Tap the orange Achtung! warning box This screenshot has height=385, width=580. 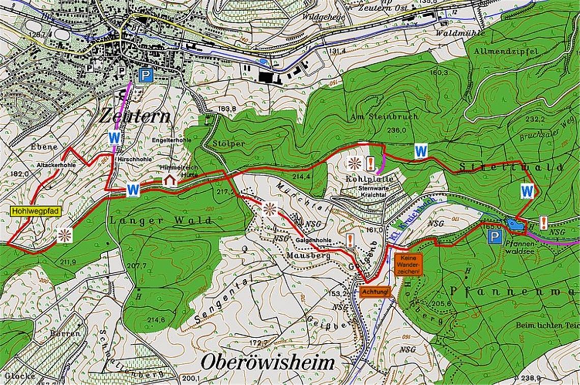[376, 292]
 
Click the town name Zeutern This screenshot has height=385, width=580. [135, 115]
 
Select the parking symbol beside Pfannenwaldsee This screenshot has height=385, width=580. [494, 236]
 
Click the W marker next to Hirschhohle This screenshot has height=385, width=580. [114, 137]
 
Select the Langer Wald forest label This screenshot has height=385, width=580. [160, 221]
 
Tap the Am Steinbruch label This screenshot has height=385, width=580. [385, 116]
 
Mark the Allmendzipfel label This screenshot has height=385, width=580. [498, 51]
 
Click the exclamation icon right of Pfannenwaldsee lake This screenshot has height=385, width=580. [543, 222]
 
